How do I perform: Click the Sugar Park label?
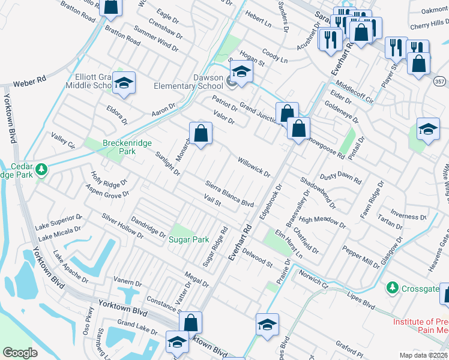pyautogui.click(x=188, y=239)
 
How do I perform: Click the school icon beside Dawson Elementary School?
pyautogui.click(x=241, y=72)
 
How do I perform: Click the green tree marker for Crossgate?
pyautogui.click(x=393, y=288)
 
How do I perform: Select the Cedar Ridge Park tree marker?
pyautogui.click(x=41, y=169)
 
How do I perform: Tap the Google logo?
pyautogui.click(x=20, y=352)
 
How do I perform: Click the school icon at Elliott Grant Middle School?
pyautogui.click(x=124, y=83)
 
